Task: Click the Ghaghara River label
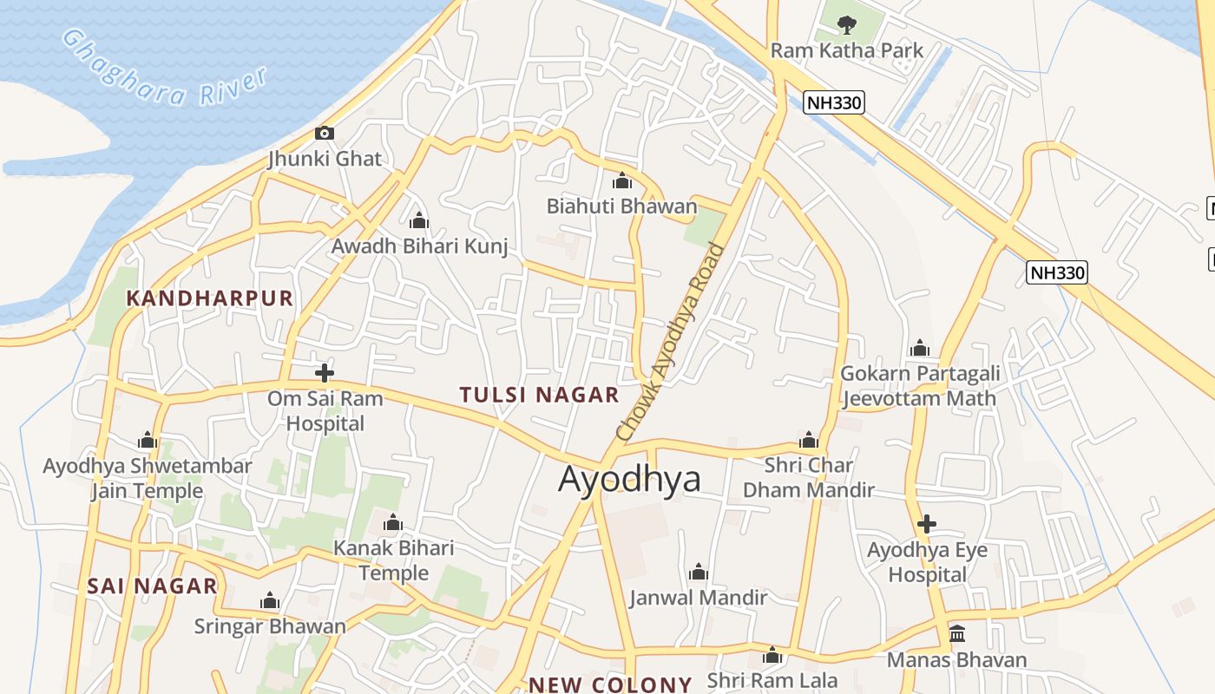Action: click(165, 69)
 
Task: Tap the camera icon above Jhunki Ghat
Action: click(325, 133)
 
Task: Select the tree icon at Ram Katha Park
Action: click(847, 24)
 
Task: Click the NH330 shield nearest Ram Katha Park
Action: click(834, 103)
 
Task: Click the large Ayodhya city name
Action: click(629, 479)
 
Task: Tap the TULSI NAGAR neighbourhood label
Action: click(539, 396)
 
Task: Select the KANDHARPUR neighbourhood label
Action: click(210, 298)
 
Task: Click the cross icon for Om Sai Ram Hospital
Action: click(325, 373)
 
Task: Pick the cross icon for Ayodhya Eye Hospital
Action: click(927, 524)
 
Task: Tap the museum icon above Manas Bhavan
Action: click(957, 634)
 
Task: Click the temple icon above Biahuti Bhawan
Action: click(621, 181)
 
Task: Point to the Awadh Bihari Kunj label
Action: click(419, 246)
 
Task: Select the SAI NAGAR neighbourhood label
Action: click(152, 586)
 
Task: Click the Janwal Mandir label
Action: click(699, 598)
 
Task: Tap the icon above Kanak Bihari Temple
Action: click(393, 523)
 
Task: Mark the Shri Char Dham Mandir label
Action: click(809, 477)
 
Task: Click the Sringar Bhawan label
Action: click(270, 626)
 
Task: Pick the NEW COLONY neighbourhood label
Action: click(610, 684)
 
